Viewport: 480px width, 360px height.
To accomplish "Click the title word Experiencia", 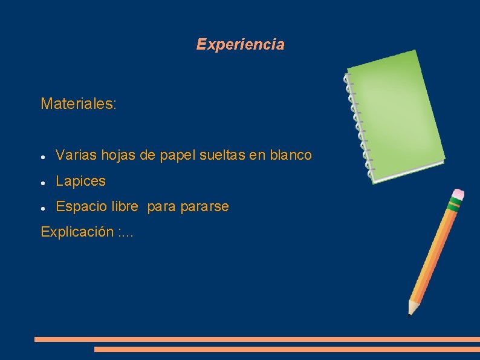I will (x=240, y=44).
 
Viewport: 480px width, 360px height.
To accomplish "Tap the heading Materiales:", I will (x=79, y=103).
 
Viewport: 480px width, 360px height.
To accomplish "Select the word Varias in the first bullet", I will (x=74, y=155).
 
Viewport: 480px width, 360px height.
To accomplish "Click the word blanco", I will (x=290, y=155).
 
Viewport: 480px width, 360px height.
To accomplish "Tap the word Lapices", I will (x=80, y=181).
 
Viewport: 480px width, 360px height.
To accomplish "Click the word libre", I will (x=125, y=206).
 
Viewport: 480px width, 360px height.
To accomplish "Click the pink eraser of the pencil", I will (x=457, y=194).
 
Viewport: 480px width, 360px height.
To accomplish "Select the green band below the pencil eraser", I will (x=452, y=204).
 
